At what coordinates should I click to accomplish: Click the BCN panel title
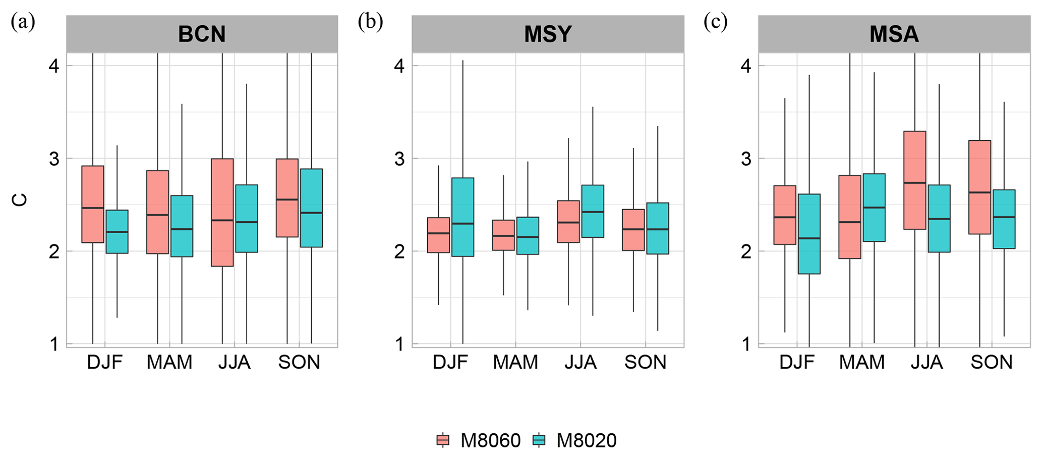coord(202,34)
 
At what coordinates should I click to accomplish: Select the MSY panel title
coord(548,34)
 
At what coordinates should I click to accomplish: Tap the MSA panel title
coord(894,34)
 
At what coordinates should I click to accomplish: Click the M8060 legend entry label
coord(490,441)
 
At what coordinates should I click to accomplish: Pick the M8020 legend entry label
coord(586,441)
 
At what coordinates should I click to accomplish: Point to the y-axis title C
coord(20,200)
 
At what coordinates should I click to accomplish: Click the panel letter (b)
coord(370,22)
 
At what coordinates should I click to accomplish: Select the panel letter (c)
coord(716,22)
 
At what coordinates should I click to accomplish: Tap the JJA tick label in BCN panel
coord(235,362)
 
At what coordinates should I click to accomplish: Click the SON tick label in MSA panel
coord(992,362)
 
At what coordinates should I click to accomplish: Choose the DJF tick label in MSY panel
coord(450,362)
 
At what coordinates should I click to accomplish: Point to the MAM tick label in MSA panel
coord(862,362)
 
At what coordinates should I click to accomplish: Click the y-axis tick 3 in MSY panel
coord(399,159)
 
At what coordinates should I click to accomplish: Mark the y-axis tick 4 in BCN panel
coord(53,66)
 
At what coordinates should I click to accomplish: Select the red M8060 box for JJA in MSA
coord(914,180)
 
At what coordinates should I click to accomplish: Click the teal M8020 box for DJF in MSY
coord(462,217)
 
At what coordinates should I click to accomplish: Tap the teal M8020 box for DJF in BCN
coord(117,231)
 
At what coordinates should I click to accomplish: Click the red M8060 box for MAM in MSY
coord(503,235)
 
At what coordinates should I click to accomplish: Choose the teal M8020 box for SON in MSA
coord(1004,219)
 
